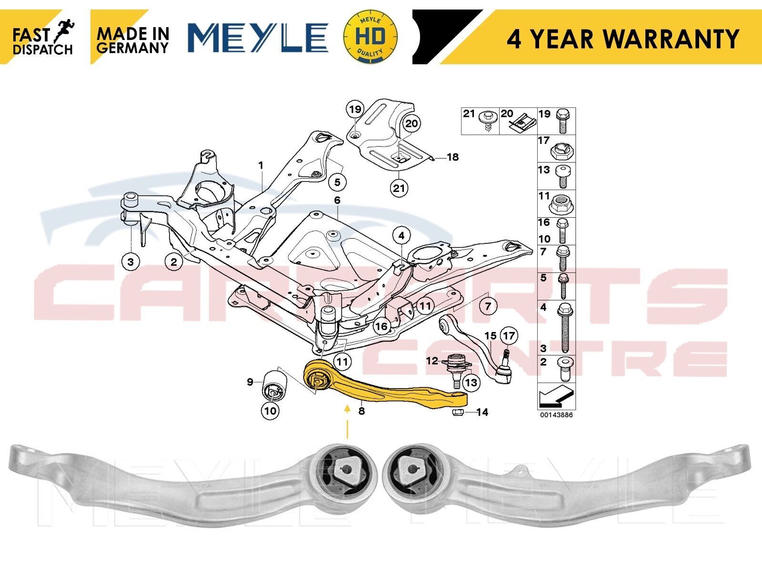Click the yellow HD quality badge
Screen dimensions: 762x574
pyautogui.click(x=370, y=37)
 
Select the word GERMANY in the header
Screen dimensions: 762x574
pyautogui.click(x=132, y=48)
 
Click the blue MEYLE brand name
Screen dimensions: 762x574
pyautogui.click(x=258, y=38)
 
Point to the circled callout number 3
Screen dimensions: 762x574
pyautogui.click(x=130, y=262)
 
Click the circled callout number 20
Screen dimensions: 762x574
pyautogui.click(x=411, y=124)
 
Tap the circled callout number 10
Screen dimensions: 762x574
pyautogui.click(x=271, y=411)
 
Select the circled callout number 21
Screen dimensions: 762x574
pyautogui.click(x=399, y=188)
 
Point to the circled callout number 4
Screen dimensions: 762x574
pyautogui.click(x=401, y=236)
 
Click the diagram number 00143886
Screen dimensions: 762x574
pyautogui.click(x=556, y=415)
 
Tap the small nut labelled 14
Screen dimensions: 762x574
pyautogui.click(x=457, y=413)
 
